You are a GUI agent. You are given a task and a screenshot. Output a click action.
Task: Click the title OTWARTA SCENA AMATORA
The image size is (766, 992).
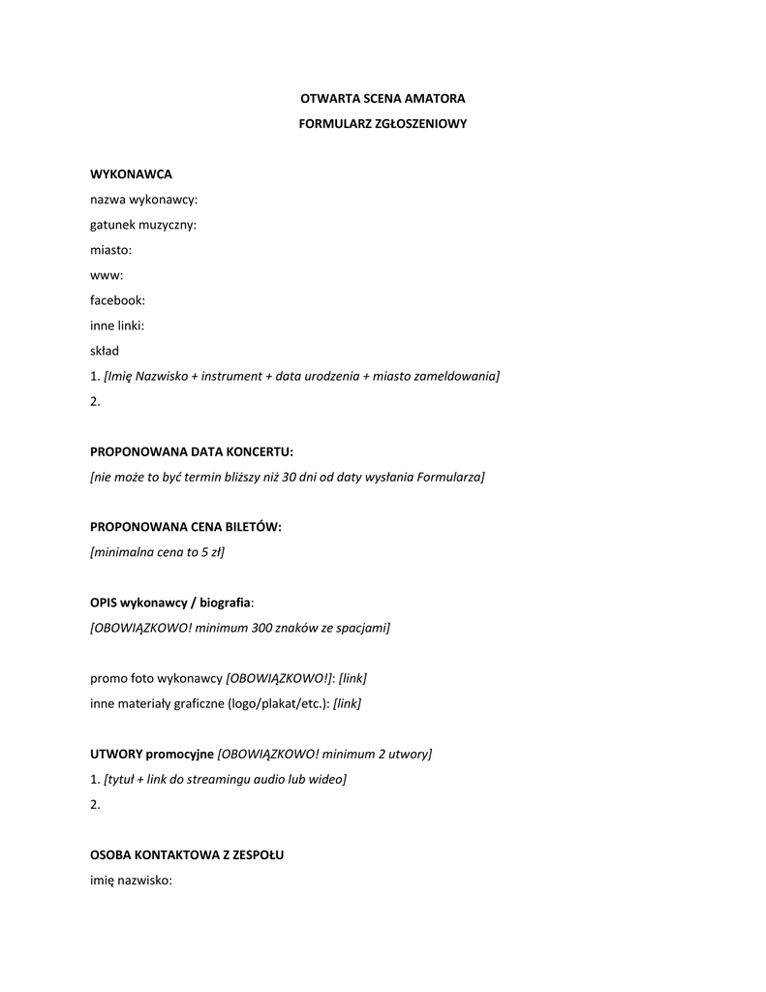tap(383, 99)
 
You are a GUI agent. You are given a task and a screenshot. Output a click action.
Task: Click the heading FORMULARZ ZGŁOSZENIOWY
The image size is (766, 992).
tap(383, 124)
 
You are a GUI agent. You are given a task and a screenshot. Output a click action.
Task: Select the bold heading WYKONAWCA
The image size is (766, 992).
tap(131, 174)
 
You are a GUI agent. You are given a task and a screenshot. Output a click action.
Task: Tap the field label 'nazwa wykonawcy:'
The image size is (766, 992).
tap(143, 200)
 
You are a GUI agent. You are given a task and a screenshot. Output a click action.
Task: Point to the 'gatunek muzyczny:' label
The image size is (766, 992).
tap(143, 225)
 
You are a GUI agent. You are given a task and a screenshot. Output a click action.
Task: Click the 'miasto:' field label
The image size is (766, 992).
tap(110, 250)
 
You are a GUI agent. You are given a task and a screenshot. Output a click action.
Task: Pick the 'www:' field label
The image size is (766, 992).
tap(107, 275)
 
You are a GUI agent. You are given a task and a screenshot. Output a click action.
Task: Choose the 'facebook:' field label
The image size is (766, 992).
tap(117, 300)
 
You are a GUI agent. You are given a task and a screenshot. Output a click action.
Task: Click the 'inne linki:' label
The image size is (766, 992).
tap(117, 325)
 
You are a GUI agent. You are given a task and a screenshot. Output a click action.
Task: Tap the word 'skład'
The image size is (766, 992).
tap(105, 351)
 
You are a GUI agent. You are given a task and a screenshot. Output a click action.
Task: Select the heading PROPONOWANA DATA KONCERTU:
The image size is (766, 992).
tap(191, 451)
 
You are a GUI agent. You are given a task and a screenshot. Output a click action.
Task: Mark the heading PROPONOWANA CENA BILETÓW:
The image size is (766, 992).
tap(186, 527)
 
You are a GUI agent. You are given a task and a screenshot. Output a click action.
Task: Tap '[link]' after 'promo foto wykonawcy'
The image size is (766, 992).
tap(352, 678)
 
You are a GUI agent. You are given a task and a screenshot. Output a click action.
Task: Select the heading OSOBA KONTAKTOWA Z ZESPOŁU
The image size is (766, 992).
tap(187, 855)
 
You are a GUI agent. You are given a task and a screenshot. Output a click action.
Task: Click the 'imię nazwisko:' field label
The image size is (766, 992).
tap(131, 881)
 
